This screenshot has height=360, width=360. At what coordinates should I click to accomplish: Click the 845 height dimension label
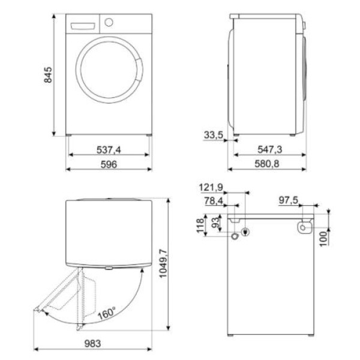click(48, 75)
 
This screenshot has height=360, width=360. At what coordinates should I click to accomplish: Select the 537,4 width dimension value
click(109, 150)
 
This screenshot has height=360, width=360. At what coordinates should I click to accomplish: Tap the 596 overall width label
click(109, 164)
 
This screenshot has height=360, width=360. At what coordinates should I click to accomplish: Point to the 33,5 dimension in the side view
click(214, 135)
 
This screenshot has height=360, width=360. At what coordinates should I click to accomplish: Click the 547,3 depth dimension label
click(270, 149)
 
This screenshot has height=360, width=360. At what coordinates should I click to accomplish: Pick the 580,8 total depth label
click(267, 164)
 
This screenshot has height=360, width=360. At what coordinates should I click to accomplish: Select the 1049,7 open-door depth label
click(163, 263)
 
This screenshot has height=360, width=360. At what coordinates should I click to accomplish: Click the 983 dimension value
click(93, 344)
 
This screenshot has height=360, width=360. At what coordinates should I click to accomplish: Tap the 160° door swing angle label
click(107, 313)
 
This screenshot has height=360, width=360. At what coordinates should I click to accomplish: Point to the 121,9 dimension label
click(211, 188)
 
